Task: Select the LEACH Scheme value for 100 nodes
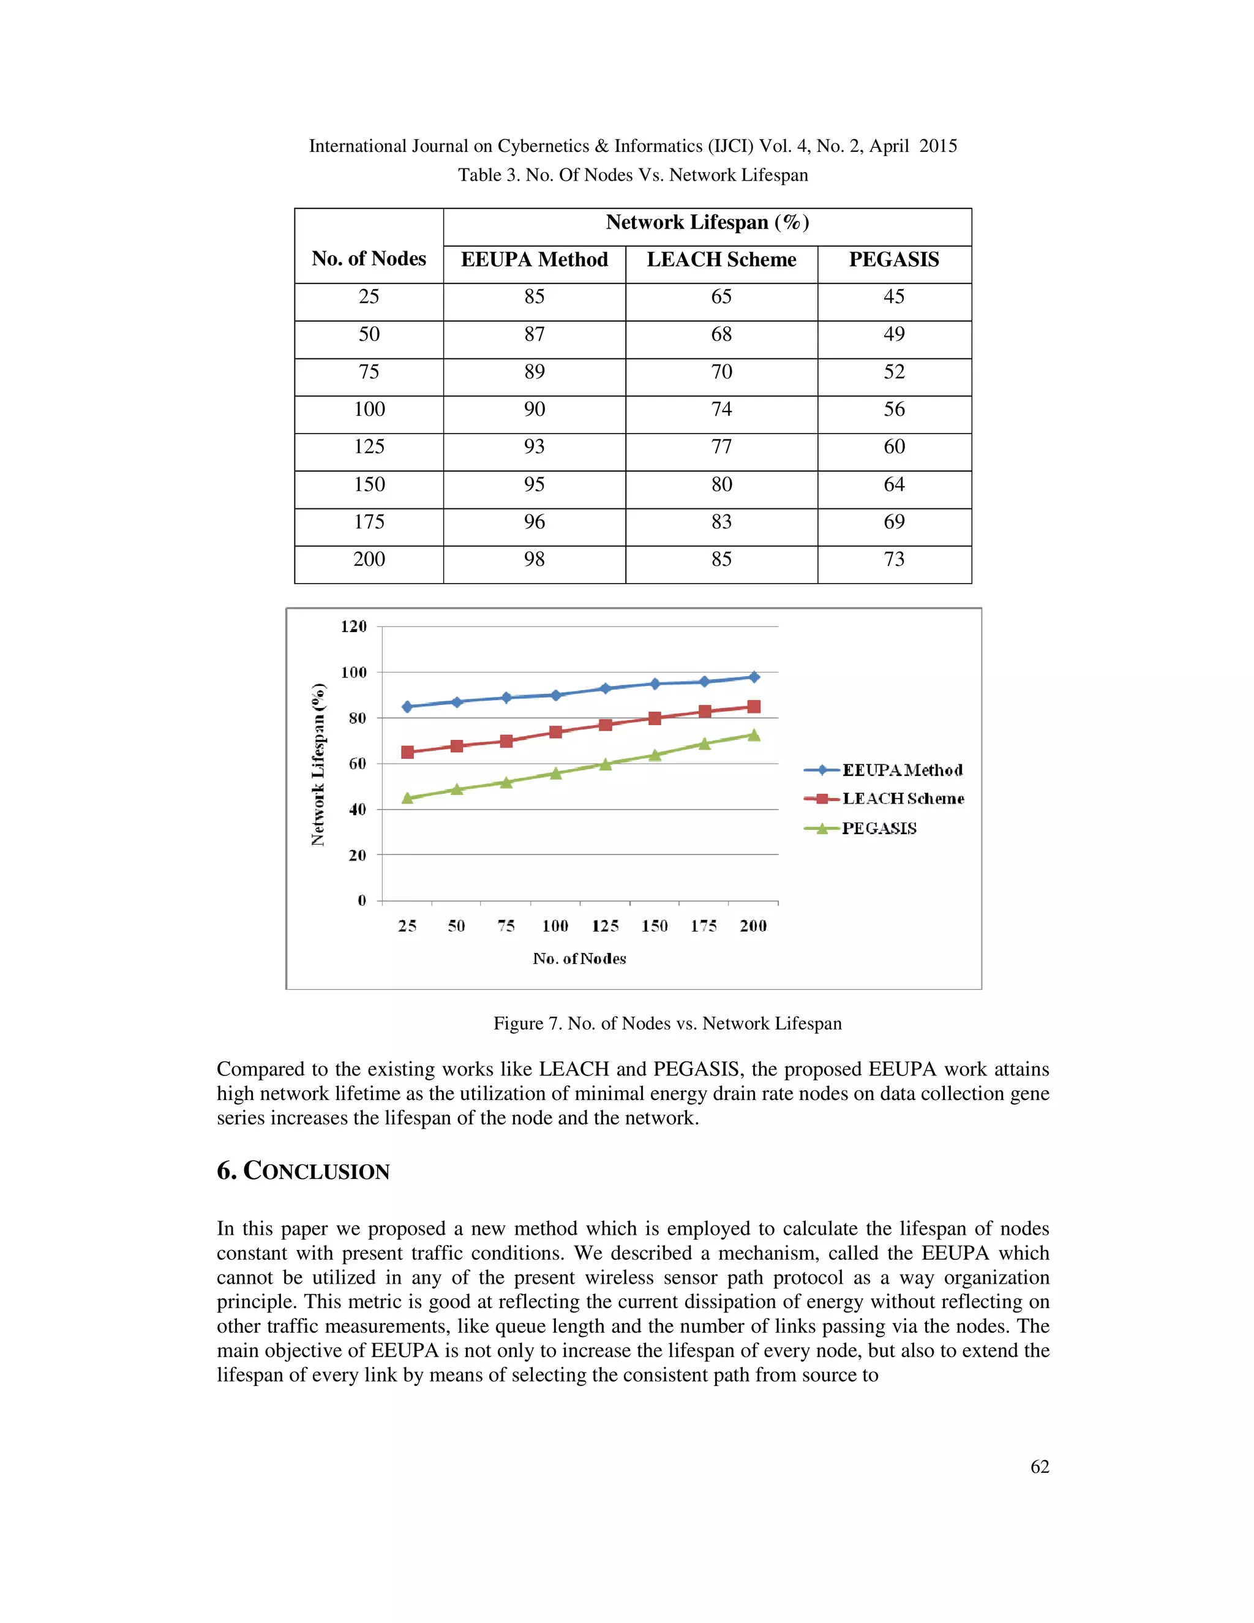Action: (x=721, y=410)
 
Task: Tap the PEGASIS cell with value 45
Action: (x=894, y=296)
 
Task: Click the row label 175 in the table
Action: (x=369, y=522)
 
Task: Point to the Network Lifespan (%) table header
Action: (x=707, y=222)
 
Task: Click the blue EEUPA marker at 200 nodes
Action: (x=753, y=677)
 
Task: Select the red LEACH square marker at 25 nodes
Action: (x=407, y=752)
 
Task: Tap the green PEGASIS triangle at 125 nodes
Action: (x=605, y=764)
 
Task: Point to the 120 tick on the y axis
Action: (x=354, y=627)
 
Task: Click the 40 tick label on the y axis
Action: (x=358, y=809)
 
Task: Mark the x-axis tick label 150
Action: (x=655, y=926)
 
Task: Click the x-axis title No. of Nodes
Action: (x=579, y=958)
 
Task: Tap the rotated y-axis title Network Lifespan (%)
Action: (x=318, y=764)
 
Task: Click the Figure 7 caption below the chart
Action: (x=667, y=1023)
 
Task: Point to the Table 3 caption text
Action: (x=632, y=175)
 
